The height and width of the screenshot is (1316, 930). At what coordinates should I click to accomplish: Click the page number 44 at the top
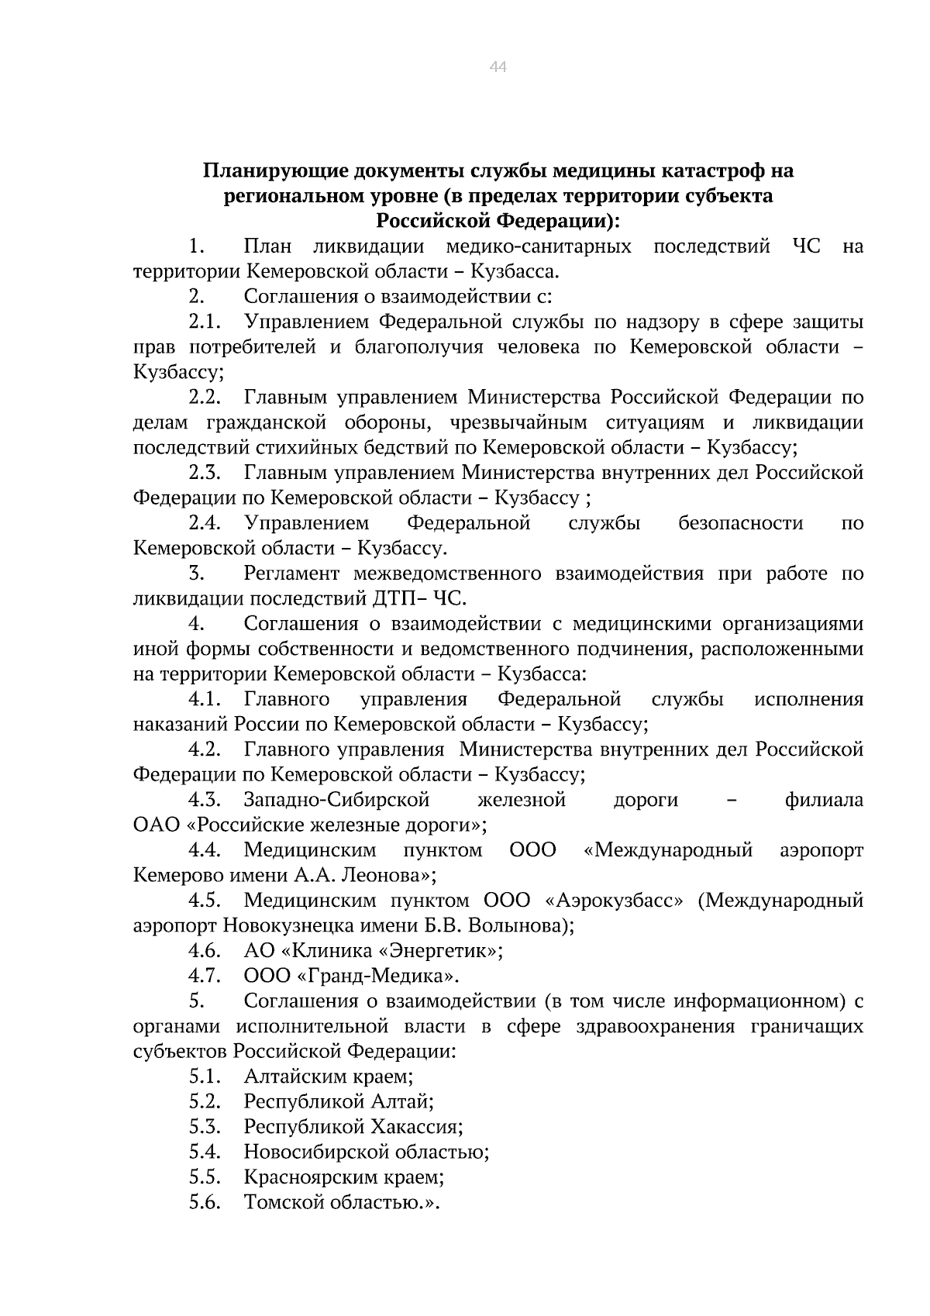point(498,67)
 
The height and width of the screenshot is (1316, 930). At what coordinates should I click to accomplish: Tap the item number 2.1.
point(205,322)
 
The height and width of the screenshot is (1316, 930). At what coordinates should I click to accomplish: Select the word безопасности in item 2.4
point(740,523)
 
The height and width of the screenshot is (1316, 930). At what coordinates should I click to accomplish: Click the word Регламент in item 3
point(291,574)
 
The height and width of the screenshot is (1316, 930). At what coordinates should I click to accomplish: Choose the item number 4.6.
point(205,951)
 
